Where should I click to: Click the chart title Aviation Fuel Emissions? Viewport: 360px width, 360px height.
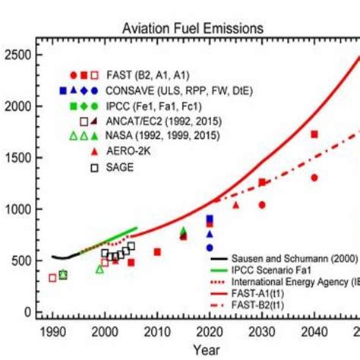tap(193, 28)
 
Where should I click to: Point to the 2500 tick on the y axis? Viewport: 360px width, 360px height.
tap(19, 55)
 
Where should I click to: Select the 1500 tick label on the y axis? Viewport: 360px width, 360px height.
tap(19, 158)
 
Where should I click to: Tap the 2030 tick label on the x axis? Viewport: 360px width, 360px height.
tap(262, 331)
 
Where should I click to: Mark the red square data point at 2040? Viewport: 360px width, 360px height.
tap(314, 134)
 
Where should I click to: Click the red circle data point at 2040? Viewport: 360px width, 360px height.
tap(314, 178)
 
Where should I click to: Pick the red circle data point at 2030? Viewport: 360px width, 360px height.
tap(262, 205)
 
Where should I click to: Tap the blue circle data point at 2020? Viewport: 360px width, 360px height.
tap(210, 248)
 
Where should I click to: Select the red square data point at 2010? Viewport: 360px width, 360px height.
tap(157, 252)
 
